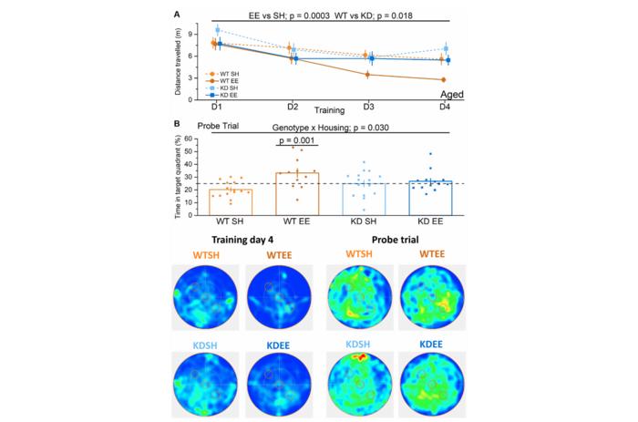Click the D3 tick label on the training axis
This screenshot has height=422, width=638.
(366, 108)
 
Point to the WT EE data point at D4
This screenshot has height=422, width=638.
(443, 80)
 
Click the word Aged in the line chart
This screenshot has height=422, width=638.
(458, 94)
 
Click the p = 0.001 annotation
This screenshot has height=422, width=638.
(295, 140)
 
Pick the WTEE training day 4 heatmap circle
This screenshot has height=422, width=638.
(277, 299)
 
